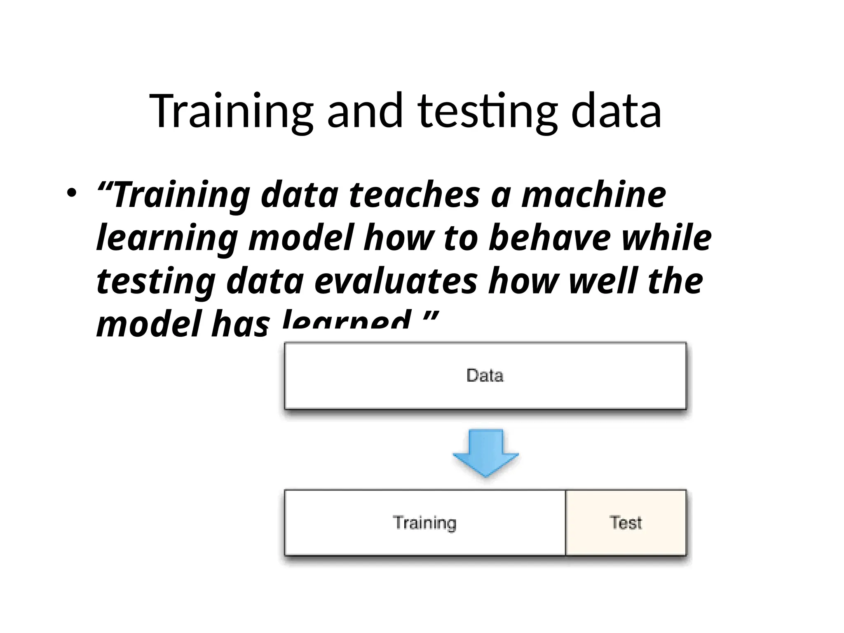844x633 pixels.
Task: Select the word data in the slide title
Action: [x=616, y=111]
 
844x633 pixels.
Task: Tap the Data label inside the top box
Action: [x=485, y=375]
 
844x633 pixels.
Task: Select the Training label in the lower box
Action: [x=424, y=523]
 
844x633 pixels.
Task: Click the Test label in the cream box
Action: [x=626, y=523]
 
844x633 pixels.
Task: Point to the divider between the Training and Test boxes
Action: [x=565, y=523]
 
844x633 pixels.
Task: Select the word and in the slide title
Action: [x=365, y=111]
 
